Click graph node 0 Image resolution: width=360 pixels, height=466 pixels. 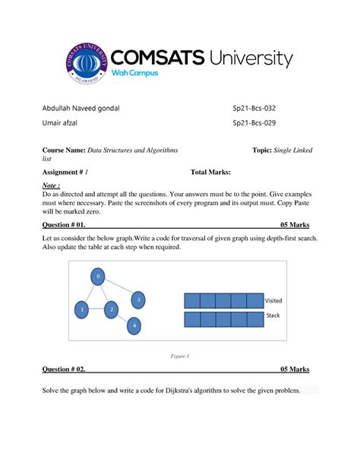(97, 277)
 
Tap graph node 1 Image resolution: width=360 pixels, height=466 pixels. (81, 309)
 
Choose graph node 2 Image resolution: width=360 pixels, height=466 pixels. (111, 309)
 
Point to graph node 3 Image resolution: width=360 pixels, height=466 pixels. (138, 300)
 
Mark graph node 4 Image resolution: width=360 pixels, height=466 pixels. (134, 326)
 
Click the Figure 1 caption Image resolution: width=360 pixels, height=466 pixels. (180, 355)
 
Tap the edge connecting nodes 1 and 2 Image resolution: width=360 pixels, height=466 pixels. (96, 309)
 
